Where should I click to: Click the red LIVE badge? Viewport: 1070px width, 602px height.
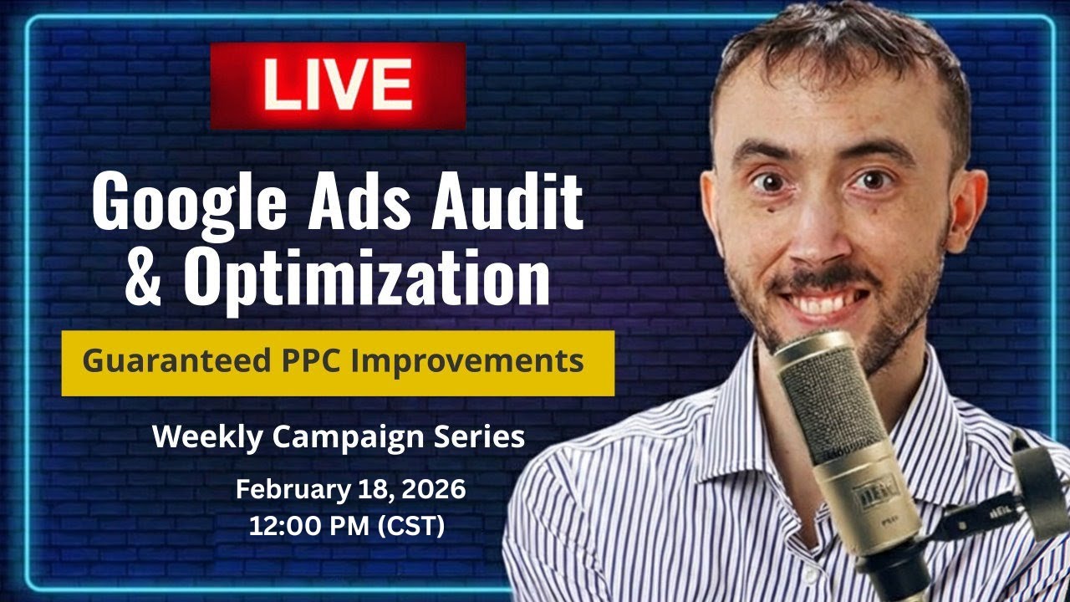pos(338,86)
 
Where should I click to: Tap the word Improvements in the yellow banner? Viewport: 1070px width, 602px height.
pos(469,361)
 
